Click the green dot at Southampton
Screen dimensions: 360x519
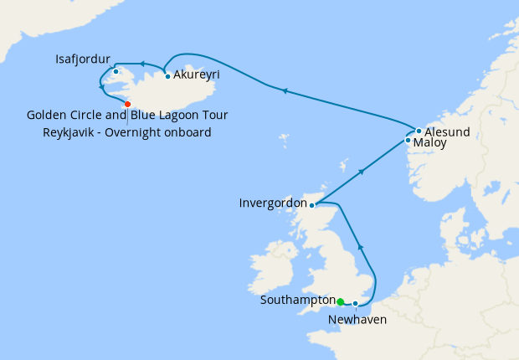pyautogui.click(x=341, y=301)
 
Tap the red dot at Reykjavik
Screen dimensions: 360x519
pyautogui.click(x=127, y=104)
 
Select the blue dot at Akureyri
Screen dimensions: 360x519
pyautogui.click(x=168, y=76)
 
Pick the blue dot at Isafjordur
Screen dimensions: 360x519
pyautogui.click(x=116, y=71)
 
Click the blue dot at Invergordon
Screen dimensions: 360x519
pyautogui.click(x=311, y=204)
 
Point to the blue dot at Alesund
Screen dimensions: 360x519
pyautogui.click(x=419, y=131)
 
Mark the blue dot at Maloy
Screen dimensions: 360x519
pyautogui.click(x=408, y=140)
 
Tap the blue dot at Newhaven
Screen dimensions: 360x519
pyautogui.click(x=356, y=303)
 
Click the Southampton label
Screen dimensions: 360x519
pyautogui.click(x=297, y=300)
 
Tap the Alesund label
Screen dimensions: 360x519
pyautogui.click(x=447, y=131)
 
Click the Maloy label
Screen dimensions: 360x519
pyautogui.click(x=430, y=143)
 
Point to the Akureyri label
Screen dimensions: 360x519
pyautogui.click(x=197, y=75)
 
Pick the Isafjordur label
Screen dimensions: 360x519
pyautogui.click(x=83, y=59)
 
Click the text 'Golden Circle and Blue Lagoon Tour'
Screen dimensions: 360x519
pyautogui.click(x=127, y=115)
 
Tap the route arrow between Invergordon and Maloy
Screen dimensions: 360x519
pyautogui.click(x=362, y=172)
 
